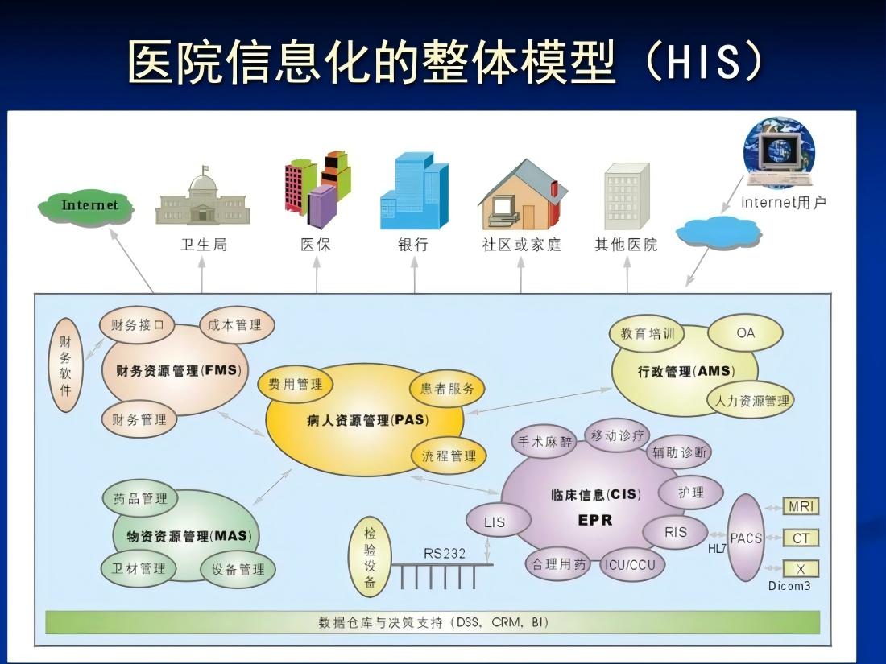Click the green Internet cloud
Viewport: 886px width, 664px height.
tap(86, 206)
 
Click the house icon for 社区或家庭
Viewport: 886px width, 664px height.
tap(523, 194)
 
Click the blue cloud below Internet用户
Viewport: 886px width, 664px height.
tap(718, 232)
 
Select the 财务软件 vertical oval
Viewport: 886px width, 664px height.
tap(66, 365)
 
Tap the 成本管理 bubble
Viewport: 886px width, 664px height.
tap(236, 324)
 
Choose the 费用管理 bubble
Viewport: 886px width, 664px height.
tap(296, 385)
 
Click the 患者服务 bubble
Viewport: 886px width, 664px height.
tap(447, 389)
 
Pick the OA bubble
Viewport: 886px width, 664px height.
tap(745, 332)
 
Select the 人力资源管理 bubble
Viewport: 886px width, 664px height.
tap(751, 401)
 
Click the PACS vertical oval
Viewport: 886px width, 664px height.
tap(747, 538)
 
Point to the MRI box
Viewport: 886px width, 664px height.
tap(801, 506)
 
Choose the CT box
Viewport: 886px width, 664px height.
tap(801, 538)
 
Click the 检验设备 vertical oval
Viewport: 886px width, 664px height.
tap(371, 557)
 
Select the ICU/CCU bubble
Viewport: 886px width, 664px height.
tap(631, 565)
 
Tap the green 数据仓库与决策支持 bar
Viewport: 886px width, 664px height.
tap(433, 622)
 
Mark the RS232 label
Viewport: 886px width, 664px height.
tap(444, 554)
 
